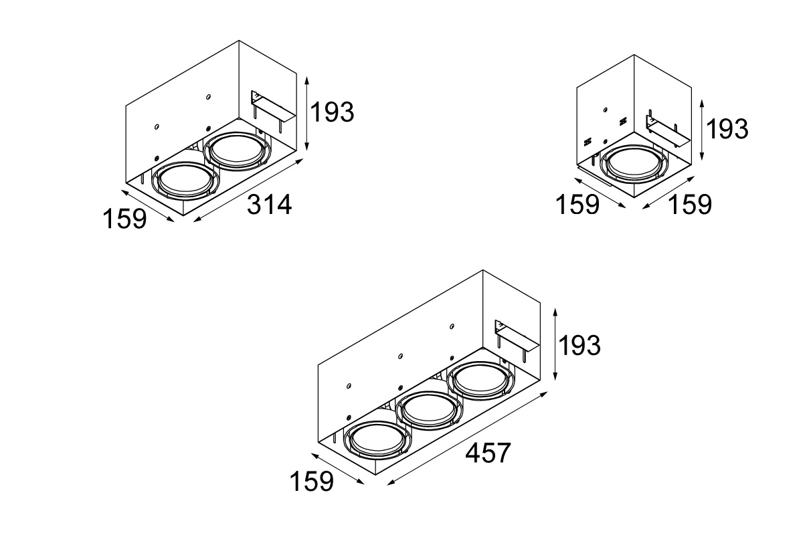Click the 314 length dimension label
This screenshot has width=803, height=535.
coord(270,205)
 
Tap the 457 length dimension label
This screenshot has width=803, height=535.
coord(488,453)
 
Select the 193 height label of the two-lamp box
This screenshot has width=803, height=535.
coord(332,112)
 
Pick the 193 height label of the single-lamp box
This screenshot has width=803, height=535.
coord(727,129)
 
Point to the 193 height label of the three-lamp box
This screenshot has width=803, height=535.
coord(579,346)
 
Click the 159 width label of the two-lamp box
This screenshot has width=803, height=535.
coord(124,219)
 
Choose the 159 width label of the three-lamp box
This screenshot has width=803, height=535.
coord(312,481)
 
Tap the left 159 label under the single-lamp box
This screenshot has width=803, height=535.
coord(577,205)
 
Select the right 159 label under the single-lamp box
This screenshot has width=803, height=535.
coord(690,205)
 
